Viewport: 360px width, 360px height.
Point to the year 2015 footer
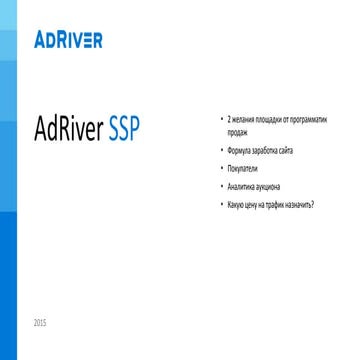[x=39, y=323]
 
